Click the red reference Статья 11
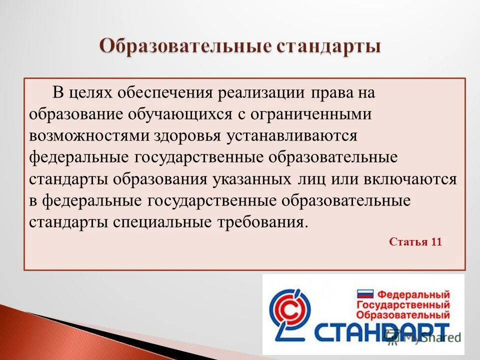pyautogui.click(x=415, y=242)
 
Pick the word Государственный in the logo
pyautogui.click(x=403, y=305)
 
